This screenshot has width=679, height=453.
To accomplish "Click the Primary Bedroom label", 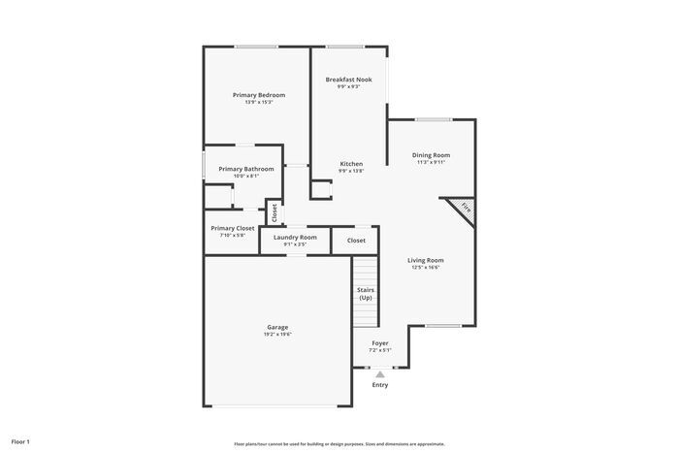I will (x=259, y=95).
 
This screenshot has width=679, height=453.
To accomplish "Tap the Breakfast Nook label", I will (x=348, y=80).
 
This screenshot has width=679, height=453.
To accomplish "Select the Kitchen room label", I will (x=351, y=164).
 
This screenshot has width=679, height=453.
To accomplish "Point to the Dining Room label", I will (x=431, y=155).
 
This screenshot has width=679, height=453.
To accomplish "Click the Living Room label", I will (x=425, y=260).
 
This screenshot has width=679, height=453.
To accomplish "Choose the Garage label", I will (x=277, y=327).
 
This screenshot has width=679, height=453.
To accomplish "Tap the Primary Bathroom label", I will (x=245, y=169).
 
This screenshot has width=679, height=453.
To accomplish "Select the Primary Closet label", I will (x=233, y=228).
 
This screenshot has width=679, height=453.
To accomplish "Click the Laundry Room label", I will (x=295, y=237).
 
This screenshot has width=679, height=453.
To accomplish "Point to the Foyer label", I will (x=380, y=342).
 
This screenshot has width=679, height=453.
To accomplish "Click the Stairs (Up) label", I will (x=366, y=293).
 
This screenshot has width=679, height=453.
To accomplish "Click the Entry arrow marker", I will (x=380, y=373).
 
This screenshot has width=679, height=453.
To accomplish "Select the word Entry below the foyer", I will (x=380, y=385).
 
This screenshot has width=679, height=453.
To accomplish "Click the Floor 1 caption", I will (x=19, y=441).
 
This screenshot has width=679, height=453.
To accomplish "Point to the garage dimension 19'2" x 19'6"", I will (x=277, y=334).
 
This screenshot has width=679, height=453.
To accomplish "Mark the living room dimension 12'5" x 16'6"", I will (x=425, y=267).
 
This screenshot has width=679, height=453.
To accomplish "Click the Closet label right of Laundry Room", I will (x=356, y=240).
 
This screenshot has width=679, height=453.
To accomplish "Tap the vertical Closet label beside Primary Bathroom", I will (x=275, y=212).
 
